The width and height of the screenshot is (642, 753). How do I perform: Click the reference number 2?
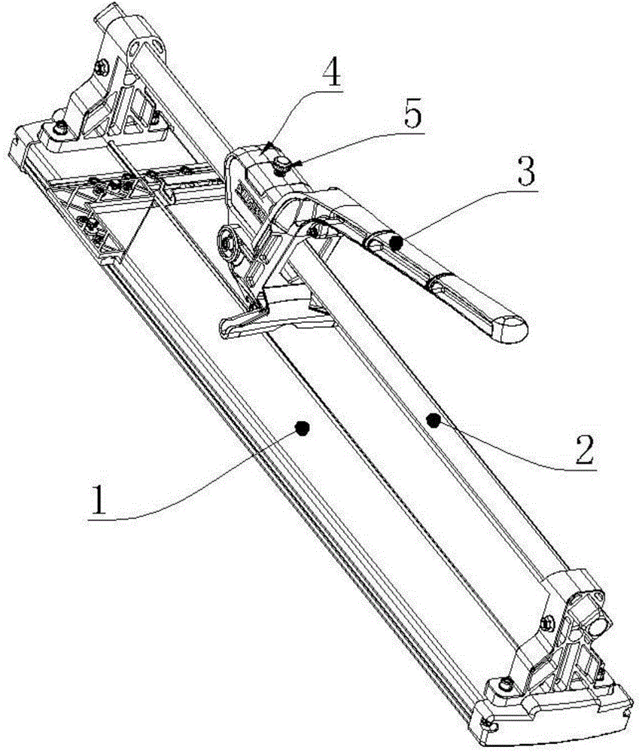pyautogui.click(x=583, y=448)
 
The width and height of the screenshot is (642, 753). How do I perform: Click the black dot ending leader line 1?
pyautogui.click(x=302, y=428)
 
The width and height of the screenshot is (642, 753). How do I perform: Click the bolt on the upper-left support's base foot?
pyautogui.click(x=61, y=127)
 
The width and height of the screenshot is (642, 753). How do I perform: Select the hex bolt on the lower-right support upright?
pyautogui.click(x=547, y=623)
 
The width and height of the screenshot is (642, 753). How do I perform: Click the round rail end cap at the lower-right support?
pyautogui.click(x=600, y=626)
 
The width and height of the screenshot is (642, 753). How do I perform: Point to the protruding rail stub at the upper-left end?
pyautogui.click(x=108, y=15)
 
